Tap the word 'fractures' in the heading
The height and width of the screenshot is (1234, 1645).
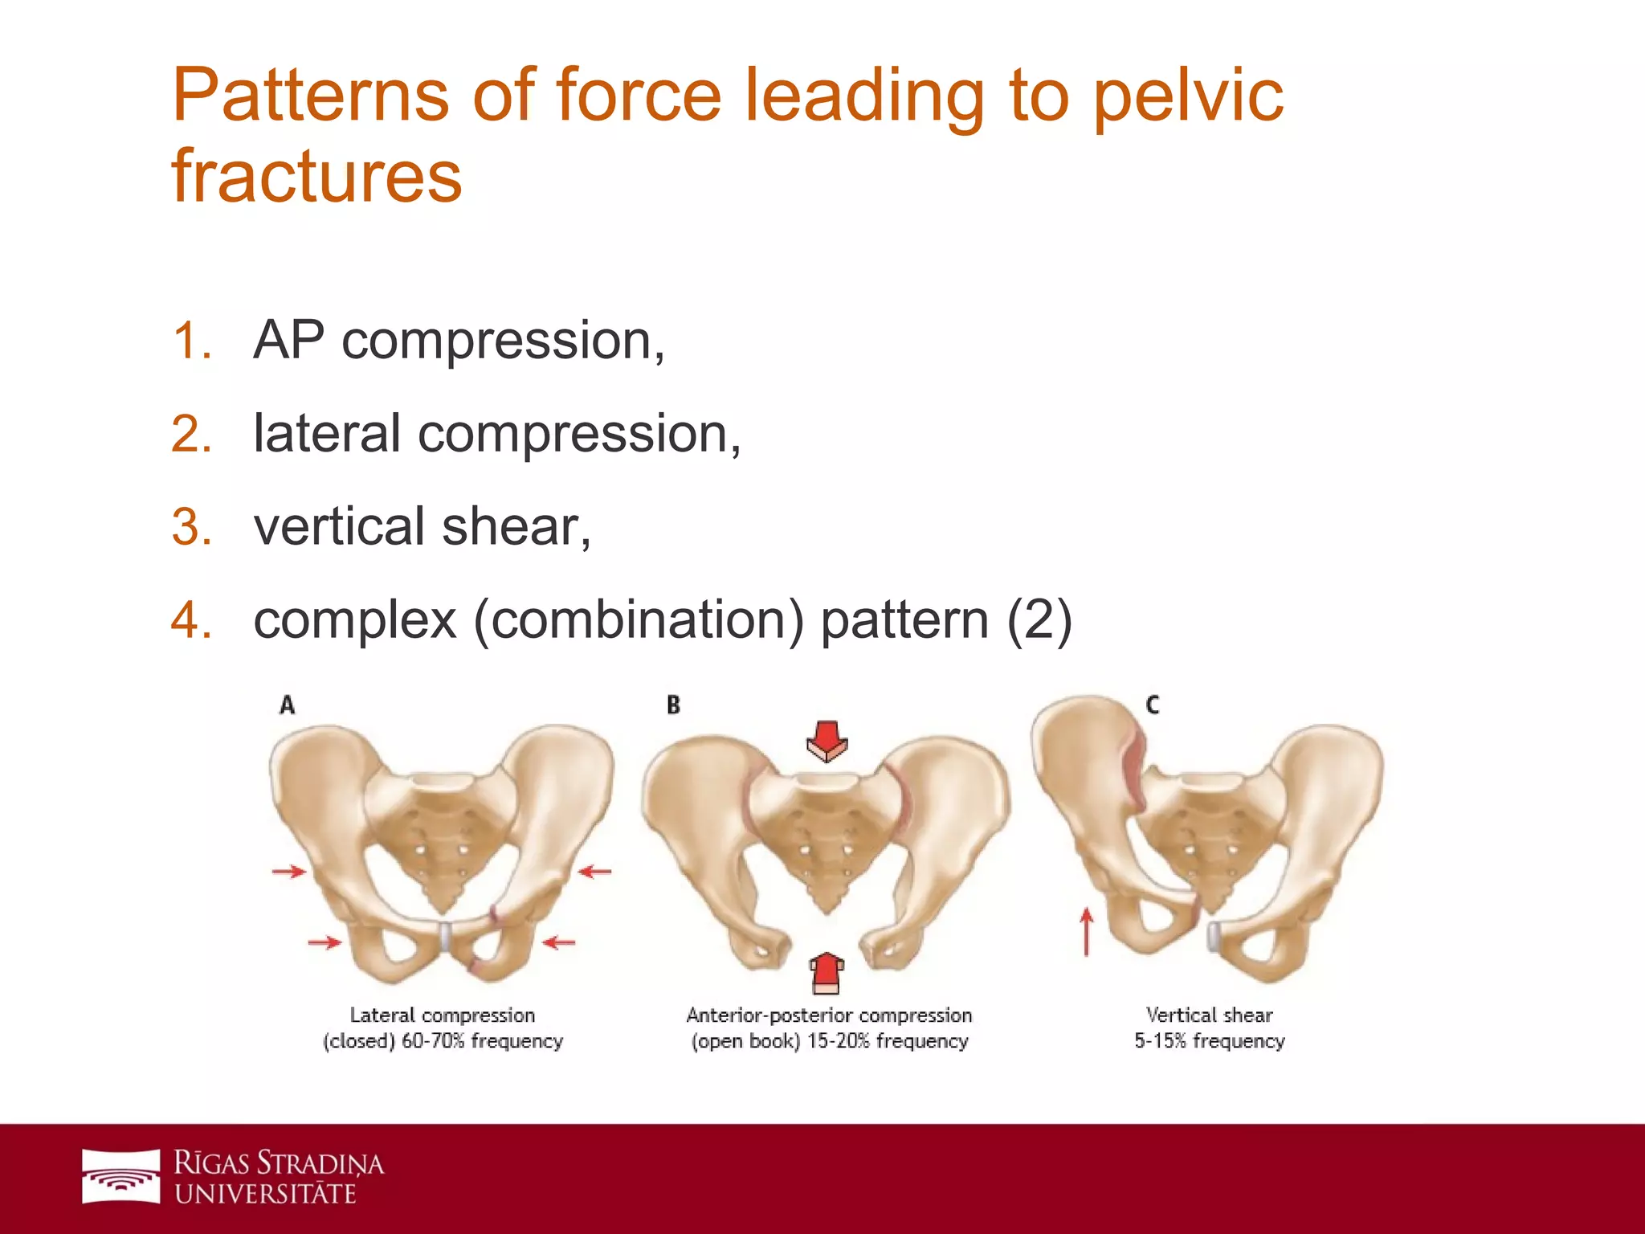(316, 177)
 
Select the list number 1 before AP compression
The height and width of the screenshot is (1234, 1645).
(192, 341)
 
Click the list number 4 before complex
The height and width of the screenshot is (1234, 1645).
(192, 620)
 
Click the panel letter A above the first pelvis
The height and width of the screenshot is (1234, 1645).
(287, 705)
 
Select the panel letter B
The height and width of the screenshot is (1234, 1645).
(673, 705)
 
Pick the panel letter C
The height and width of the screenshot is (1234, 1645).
(1153, 705)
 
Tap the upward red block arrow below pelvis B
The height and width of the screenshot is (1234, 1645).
(826, 973)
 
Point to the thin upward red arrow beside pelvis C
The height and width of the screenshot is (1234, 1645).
(1086, 931)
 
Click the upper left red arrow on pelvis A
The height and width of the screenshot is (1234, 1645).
(289, 871)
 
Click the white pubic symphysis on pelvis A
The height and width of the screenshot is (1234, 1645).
(446, 937)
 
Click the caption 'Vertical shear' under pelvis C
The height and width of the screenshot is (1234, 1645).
(1209, 1015)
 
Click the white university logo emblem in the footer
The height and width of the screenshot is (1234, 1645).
(121, 1176)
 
